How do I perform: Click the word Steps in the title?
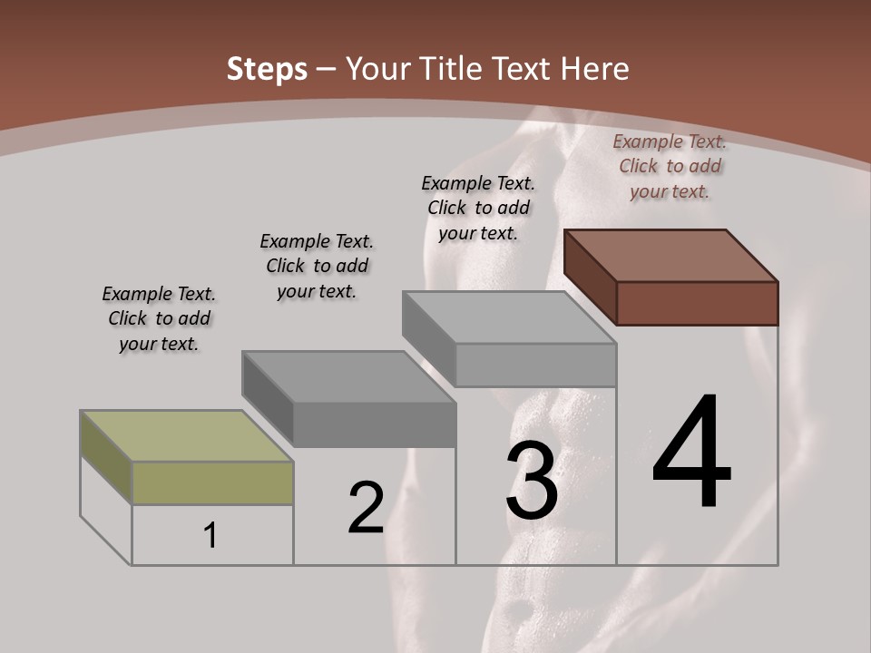point(267,69)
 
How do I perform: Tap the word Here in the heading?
point(594,69)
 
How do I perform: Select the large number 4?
point(691,453)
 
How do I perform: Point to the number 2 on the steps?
point(366,509)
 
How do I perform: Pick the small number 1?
point(210,536)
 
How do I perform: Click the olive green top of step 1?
point(186,436)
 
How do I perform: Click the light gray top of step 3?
point(508,317)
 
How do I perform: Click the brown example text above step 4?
point(670,166)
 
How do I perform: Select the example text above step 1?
point(159,318)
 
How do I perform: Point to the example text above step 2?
point(317,266)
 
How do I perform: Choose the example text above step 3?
point(478,208)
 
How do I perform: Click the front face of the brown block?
point(697,303)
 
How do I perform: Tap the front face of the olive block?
point(212,482)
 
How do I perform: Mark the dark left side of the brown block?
point(590,277)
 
